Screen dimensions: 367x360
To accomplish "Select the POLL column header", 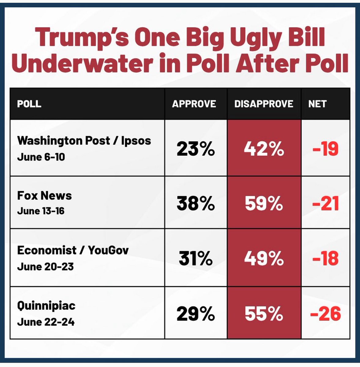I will pyautogui.click(x=29, y=104).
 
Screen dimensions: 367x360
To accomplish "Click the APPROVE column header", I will pyautogui.click(x=194, y=104).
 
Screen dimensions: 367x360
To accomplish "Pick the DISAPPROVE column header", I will pyautogui.click(x=264, y=104).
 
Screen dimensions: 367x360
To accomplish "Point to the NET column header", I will pyautogui.click(x=317, y=104).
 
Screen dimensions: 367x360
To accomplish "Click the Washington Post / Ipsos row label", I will pyautogui.click(x=84, y=141).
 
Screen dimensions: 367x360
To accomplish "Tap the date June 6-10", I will pyautogui.click(x=41, y=157).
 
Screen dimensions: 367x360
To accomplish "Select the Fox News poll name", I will pyautogui.click(x=44, y=195).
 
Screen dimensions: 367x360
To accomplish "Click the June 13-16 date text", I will pyautogui.click(x=41, y=211).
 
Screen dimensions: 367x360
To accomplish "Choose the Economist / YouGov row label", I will pyautogui.click(x=73, y=250).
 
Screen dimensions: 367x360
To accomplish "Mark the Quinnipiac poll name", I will pyautogui.click(x=46, y=306).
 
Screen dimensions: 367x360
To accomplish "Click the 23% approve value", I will pyautogui.click(x=195, y=149).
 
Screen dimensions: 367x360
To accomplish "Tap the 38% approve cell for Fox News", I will pyautogui.click(x=195, y=203).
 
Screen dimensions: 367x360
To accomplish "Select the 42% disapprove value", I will pyautogui.click(x=264, y=149).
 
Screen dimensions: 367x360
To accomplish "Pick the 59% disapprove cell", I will pyautogui.click(x=264, y=203).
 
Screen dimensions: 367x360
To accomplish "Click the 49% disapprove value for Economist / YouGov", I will pyautogui.click(x=264, y=259).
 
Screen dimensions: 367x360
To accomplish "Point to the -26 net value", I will pyautogui.click(x=325, y=314).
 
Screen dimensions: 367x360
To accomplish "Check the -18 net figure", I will pyautogui.click(x=325, y=259).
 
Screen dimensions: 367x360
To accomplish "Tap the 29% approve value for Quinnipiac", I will pyautogui.click(x=195, y=314).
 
